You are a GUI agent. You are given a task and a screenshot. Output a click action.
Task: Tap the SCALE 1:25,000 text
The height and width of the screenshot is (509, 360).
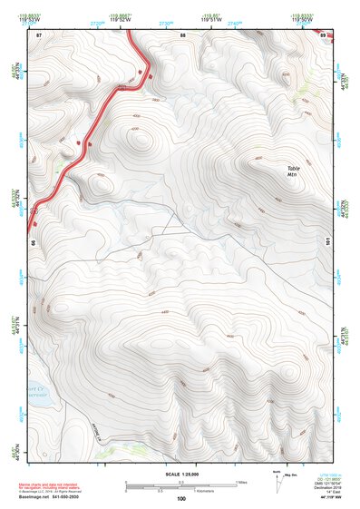[x=180, y=475]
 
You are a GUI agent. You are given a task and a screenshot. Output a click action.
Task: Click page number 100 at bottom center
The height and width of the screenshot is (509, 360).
[x=180, y=499]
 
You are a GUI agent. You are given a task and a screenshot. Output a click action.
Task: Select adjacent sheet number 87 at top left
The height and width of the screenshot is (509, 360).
[x=39, y=34]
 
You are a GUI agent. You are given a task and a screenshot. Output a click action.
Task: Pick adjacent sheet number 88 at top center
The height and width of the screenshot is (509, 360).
[x=182, y=34]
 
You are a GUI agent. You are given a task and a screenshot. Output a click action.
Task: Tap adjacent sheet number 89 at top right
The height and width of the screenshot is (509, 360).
[x=324, y=34]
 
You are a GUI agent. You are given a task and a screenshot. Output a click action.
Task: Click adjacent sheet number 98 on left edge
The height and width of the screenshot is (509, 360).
[x=33, y=244]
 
